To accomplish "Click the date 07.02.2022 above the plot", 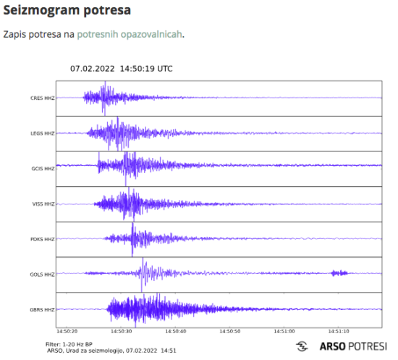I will click(x=92, y=69).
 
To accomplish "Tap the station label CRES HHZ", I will click(x=42, y=98).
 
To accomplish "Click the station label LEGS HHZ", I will click(x=42, y=133).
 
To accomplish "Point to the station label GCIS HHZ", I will click(x=42, y=169).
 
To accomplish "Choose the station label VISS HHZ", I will click(x=42, y=204).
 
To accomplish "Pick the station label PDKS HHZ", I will click(x=42, y=239).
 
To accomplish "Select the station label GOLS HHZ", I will click(x=42, y=275).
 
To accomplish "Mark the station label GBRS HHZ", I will click(x=42, y=310).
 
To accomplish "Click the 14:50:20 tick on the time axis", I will click(x=67, y=331).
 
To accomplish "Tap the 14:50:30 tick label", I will click(x=121, y=331).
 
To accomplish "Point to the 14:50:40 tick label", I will click(x=175, y=331).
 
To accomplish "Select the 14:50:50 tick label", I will click(x=229, y=331).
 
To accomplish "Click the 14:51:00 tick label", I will click(x=284, y=331).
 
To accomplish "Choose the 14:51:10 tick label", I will click(x=338, y=331).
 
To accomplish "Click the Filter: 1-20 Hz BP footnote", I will click(x=70, y=343).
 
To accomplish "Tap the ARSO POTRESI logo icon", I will click(x=303, y=346).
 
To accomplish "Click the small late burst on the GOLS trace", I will click(x=339, y=273).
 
